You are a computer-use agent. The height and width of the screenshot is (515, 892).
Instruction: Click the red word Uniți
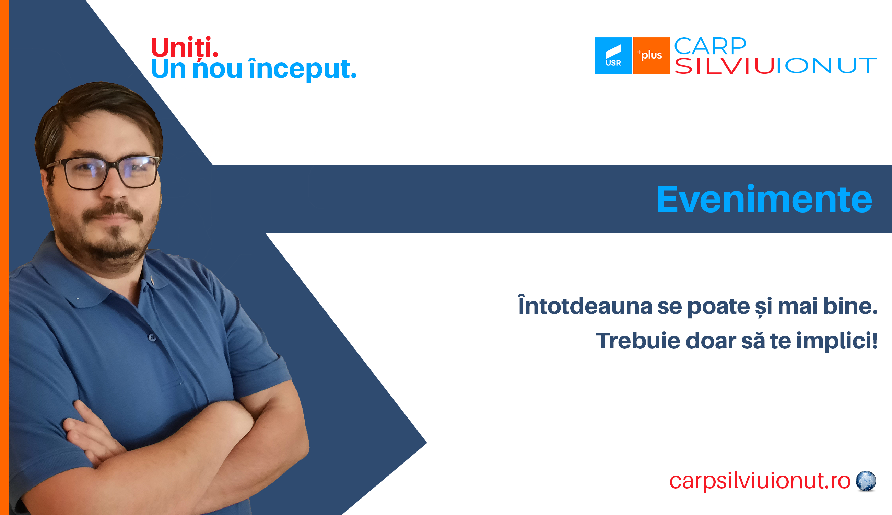(185, 47)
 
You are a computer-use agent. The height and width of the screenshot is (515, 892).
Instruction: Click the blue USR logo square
(613, 56)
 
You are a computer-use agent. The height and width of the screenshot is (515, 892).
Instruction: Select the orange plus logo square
(651, 56)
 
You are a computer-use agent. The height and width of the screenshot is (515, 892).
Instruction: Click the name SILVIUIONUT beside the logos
(776, 66)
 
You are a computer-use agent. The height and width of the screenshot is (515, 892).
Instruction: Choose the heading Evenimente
(764, 199)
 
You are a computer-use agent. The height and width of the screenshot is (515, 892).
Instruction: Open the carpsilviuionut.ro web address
(760, 481)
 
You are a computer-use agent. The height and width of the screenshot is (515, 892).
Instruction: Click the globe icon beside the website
(866, 481)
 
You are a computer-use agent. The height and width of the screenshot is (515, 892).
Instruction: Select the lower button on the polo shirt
(152, 337)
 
